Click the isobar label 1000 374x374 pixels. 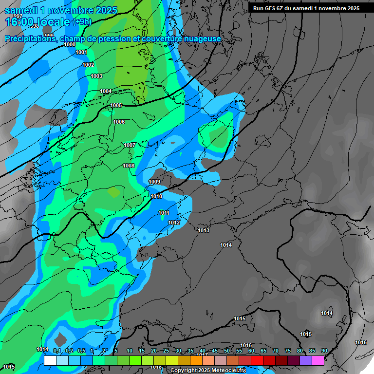70,44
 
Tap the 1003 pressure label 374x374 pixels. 96,76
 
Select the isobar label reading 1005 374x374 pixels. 116,105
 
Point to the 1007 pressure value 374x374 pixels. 130,145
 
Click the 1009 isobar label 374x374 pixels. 154,182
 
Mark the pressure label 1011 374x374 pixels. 164,213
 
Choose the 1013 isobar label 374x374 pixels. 204,230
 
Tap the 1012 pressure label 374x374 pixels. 174,223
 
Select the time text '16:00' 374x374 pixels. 19,22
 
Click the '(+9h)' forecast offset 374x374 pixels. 82,22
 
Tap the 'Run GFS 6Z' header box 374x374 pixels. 306,8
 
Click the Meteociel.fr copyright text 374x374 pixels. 208,371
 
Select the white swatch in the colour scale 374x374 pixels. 50,360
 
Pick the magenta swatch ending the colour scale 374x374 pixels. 318,360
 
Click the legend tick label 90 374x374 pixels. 324,351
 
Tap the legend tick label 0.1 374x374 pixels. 57,351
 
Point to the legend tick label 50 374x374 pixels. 227,351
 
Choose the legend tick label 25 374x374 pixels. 166,351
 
